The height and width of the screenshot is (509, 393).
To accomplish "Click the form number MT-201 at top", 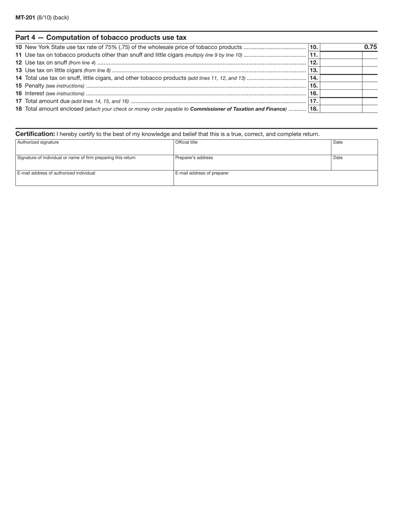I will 25,17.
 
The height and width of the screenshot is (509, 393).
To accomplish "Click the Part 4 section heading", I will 101,37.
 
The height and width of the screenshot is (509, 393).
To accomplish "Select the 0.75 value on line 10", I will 370,47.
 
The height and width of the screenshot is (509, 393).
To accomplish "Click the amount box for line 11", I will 341,55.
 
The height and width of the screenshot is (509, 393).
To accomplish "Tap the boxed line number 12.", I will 314,62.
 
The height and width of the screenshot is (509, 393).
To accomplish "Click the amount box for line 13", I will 341,70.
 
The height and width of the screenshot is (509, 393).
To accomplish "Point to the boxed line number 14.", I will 314,78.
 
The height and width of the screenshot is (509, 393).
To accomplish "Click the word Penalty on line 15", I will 35,86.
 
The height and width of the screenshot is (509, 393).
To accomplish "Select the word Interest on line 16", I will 35,94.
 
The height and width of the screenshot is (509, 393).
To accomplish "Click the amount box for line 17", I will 341,101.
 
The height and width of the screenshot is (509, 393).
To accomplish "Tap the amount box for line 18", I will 341,109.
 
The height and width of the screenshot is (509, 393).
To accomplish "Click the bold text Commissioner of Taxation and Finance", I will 238,109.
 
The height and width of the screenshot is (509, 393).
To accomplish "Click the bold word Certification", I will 35,134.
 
